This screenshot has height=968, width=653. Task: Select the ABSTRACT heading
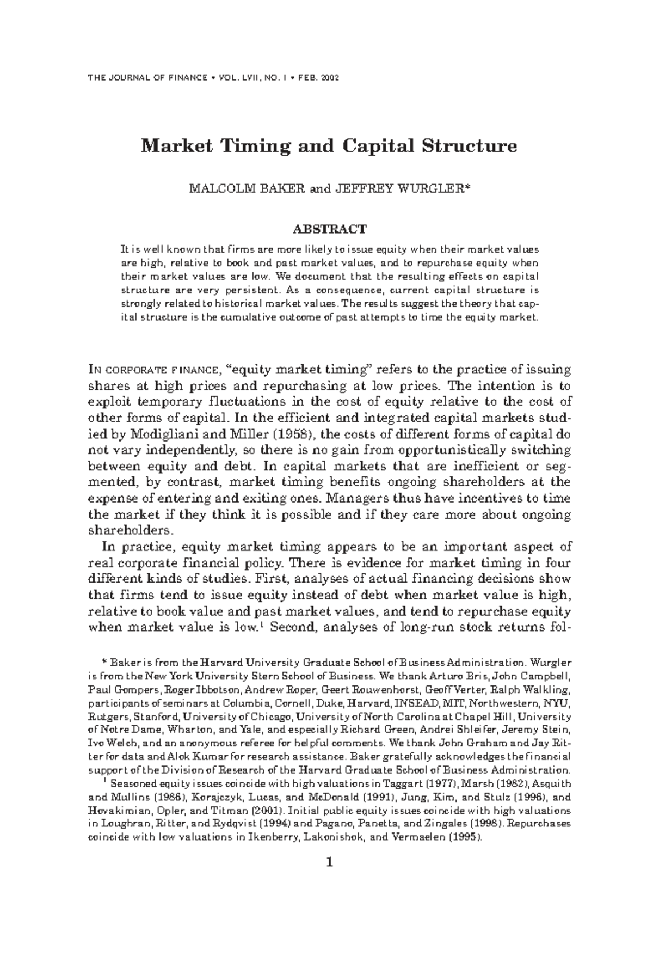point(326,229)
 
